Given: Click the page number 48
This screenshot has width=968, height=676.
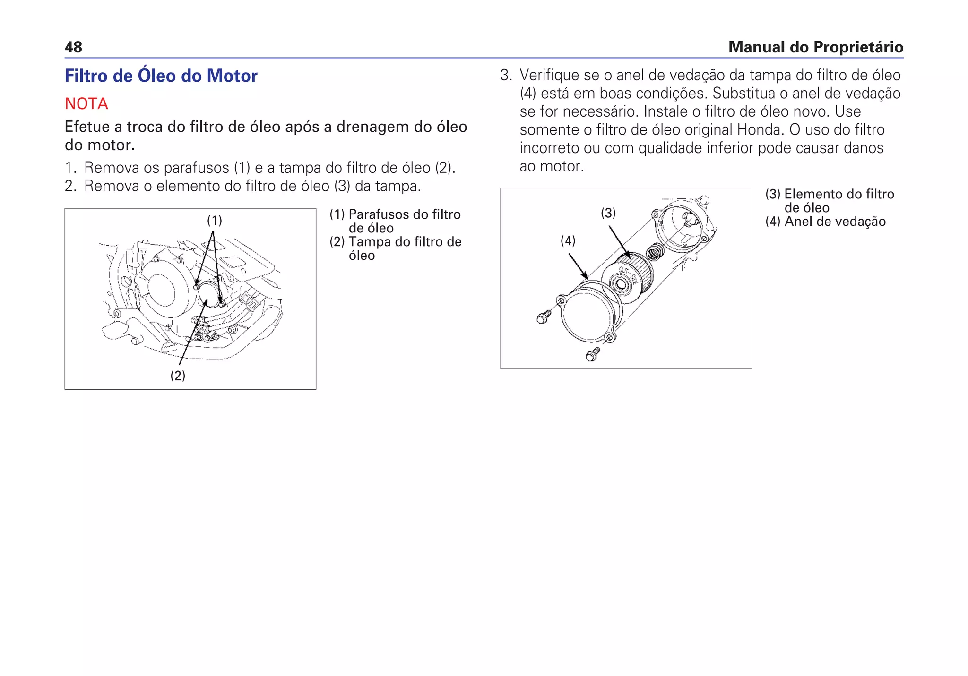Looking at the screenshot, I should point(73,47).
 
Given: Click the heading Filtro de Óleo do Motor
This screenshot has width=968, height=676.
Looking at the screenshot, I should point(161,76).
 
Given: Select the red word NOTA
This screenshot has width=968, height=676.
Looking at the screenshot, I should point(86,103).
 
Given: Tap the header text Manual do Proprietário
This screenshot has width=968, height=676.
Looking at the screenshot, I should point(815,47).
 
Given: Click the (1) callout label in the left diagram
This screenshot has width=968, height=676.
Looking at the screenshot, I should point(214,221).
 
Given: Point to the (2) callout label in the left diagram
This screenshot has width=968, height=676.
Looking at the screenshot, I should point(178,376).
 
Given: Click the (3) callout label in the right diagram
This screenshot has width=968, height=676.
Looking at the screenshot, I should point(608,213).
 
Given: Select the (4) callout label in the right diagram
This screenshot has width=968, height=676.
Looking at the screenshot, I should point(568,241).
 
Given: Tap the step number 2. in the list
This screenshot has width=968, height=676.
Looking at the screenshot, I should point(70,186).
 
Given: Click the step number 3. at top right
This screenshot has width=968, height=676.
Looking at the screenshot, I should point(506,75).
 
